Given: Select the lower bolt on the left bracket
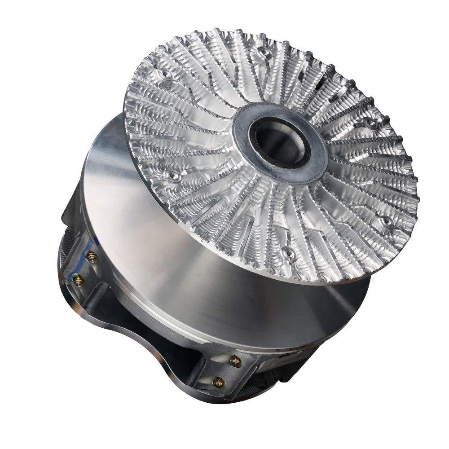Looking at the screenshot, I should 79,281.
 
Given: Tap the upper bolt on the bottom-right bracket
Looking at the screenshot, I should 233,360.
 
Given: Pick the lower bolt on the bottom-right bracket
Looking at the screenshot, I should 219,382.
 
